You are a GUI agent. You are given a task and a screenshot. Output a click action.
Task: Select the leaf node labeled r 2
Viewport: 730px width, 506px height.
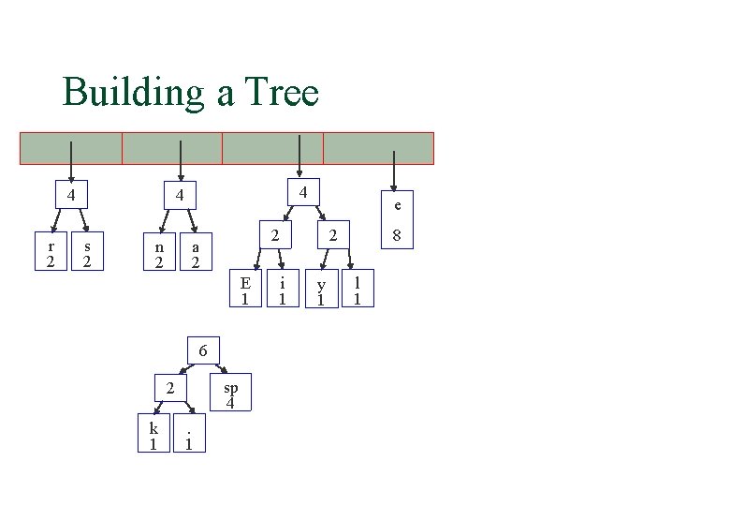tap(51, 253)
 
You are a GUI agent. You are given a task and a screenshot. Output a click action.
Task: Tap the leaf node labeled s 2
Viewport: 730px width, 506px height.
tap(87, 253)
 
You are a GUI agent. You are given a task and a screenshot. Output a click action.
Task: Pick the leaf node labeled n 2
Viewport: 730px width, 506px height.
tap(159, 253)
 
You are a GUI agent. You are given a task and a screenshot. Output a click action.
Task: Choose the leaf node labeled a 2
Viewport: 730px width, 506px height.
tap(195, 253)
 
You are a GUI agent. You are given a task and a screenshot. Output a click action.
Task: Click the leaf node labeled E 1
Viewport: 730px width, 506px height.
tap(245, 290)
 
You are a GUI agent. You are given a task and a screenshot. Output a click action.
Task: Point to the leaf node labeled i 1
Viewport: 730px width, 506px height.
tap(282, 290)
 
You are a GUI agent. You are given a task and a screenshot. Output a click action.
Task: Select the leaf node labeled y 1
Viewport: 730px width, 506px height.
tap(321, 290)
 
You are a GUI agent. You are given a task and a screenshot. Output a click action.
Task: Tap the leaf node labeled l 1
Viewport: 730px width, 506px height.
tap(357, 290)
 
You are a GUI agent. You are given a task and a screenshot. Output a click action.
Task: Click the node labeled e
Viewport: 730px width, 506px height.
tap(397, 205)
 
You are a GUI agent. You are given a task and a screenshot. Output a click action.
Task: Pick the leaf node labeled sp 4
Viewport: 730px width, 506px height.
tap(230, 394)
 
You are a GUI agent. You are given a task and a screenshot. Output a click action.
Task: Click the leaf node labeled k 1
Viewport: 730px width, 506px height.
tap(153, 434)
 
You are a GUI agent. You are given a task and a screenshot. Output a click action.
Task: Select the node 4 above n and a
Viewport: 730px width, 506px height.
tap(182, 196)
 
